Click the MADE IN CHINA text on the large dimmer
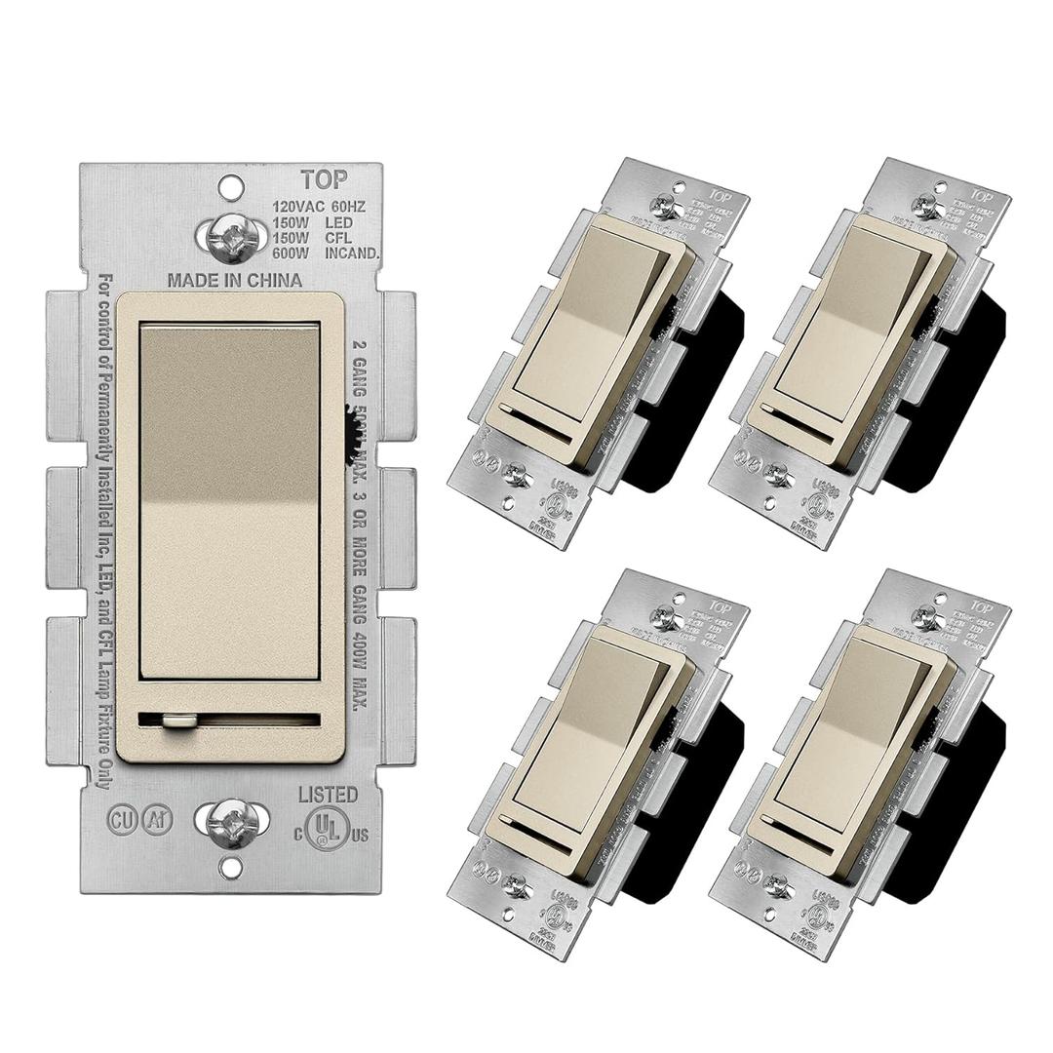[235, 281]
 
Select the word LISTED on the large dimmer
[328, 795]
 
